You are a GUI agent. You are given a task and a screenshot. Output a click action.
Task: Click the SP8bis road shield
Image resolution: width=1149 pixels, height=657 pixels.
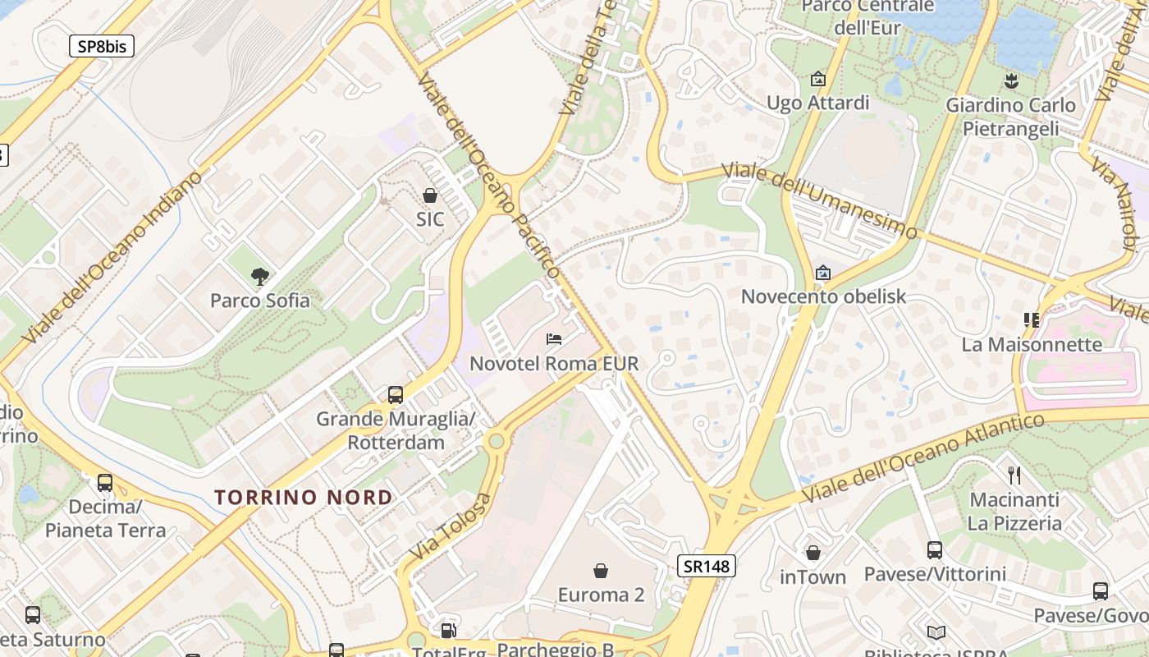(x=102, y=46)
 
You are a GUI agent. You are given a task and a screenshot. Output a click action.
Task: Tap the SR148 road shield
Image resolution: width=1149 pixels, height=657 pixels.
(x=707, y=565)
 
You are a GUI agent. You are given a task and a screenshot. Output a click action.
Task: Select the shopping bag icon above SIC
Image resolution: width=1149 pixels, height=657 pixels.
(x=429, y=195)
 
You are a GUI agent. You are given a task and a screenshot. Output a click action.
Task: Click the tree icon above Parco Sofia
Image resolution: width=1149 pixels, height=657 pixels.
(x=260, y=277)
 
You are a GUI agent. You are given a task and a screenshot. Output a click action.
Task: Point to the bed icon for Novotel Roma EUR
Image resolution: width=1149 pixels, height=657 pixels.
(x=554, y=338)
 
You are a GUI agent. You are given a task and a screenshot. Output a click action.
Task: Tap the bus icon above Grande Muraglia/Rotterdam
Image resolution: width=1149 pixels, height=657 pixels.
(x=396, y=395)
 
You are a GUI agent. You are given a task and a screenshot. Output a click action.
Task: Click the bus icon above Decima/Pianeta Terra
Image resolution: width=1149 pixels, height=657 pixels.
(x=105, y=482)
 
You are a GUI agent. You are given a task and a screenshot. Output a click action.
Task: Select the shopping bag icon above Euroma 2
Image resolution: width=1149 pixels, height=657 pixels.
(x=601, y=571)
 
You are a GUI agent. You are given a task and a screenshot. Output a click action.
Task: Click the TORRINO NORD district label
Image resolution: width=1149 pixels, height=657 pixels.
(x=304, y=498)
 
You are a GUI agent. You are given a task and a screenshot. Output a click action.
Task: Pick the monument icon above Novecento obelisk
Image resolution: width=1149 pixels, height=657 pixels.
(x=822, y=273)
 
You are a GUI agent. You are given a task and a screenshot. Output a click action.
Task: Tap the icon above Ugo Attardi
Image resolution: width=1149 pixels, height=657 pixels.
(x=817, y=79)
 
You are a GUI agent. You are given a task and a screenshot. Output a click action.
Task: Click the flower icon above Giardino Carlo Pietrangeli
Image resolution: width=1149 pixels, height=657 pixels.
(x=1010, y=80)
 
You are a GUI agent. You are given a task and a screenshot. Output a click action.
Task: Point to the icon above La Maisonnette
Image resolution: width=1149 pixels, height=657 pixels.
(x=1032, y=319)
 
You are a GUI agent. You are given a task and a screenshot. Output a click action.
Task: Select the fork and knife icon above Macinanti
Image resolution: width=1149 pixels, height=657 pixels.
(x=1014, y=475)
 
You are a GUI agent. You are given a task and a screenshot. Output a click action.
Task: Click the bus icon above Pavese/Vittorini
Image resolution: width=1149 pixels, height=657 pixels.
(x=934, y=549)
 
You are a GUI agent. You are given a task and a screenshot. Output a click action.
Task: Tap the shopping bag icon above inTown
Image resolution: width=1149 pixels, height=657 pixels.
(x=813, y=553)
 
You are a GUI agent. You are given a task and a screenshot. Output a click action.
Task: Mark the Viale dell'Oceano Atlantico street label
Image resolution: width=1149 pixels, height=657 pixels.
(x=922, y=457)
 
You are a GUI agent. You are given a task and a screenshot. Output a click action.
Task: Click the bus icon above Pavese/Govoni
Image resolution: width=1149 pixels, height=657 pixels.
(x=1100, y=590)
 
